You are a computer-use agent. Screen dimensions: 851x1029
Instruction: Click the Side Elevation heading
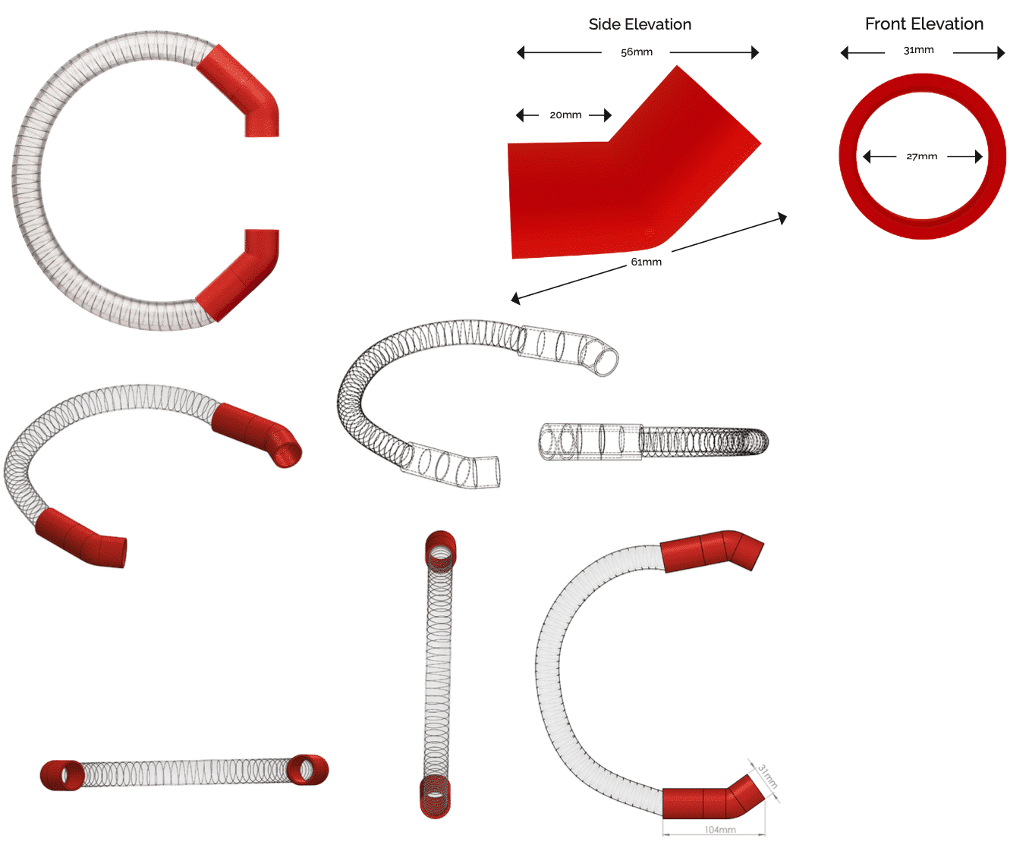(x=640, y=24)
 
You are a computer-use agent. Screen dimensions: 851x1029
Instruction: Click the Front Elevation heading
(x=924, y=24)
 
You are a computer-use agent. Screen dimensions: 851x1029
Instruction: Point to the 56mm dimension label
(x=636, y=52)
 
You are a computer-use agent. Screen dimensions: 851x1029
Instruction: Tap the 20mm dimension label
(x=565, y=115)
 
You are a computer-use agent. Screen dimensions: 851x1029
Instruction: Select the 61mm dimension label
(x=646, y=262)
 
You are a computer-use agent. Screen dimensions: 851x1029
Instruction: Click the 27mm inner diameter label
(x=921, y=157)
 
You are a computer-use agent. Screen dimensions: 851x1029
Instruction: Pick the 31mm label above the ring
(x=918, y=50)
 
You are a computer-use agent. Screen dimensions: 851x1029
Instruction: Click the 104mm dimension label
(x=719, y=830)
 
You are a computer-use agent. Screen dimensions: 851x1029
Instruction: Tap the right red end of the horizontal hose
(x=308, y=770)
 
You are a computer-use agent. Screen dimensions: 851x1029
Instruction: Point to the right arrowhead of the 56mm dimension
(x=755, y=52)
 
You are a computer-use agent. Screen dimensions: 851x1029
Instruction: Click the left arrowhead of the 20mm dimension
(x=520, y=115)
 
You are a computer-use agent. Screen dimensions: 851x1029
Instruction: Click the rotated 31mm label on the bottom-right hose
(x=767, y=777)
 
